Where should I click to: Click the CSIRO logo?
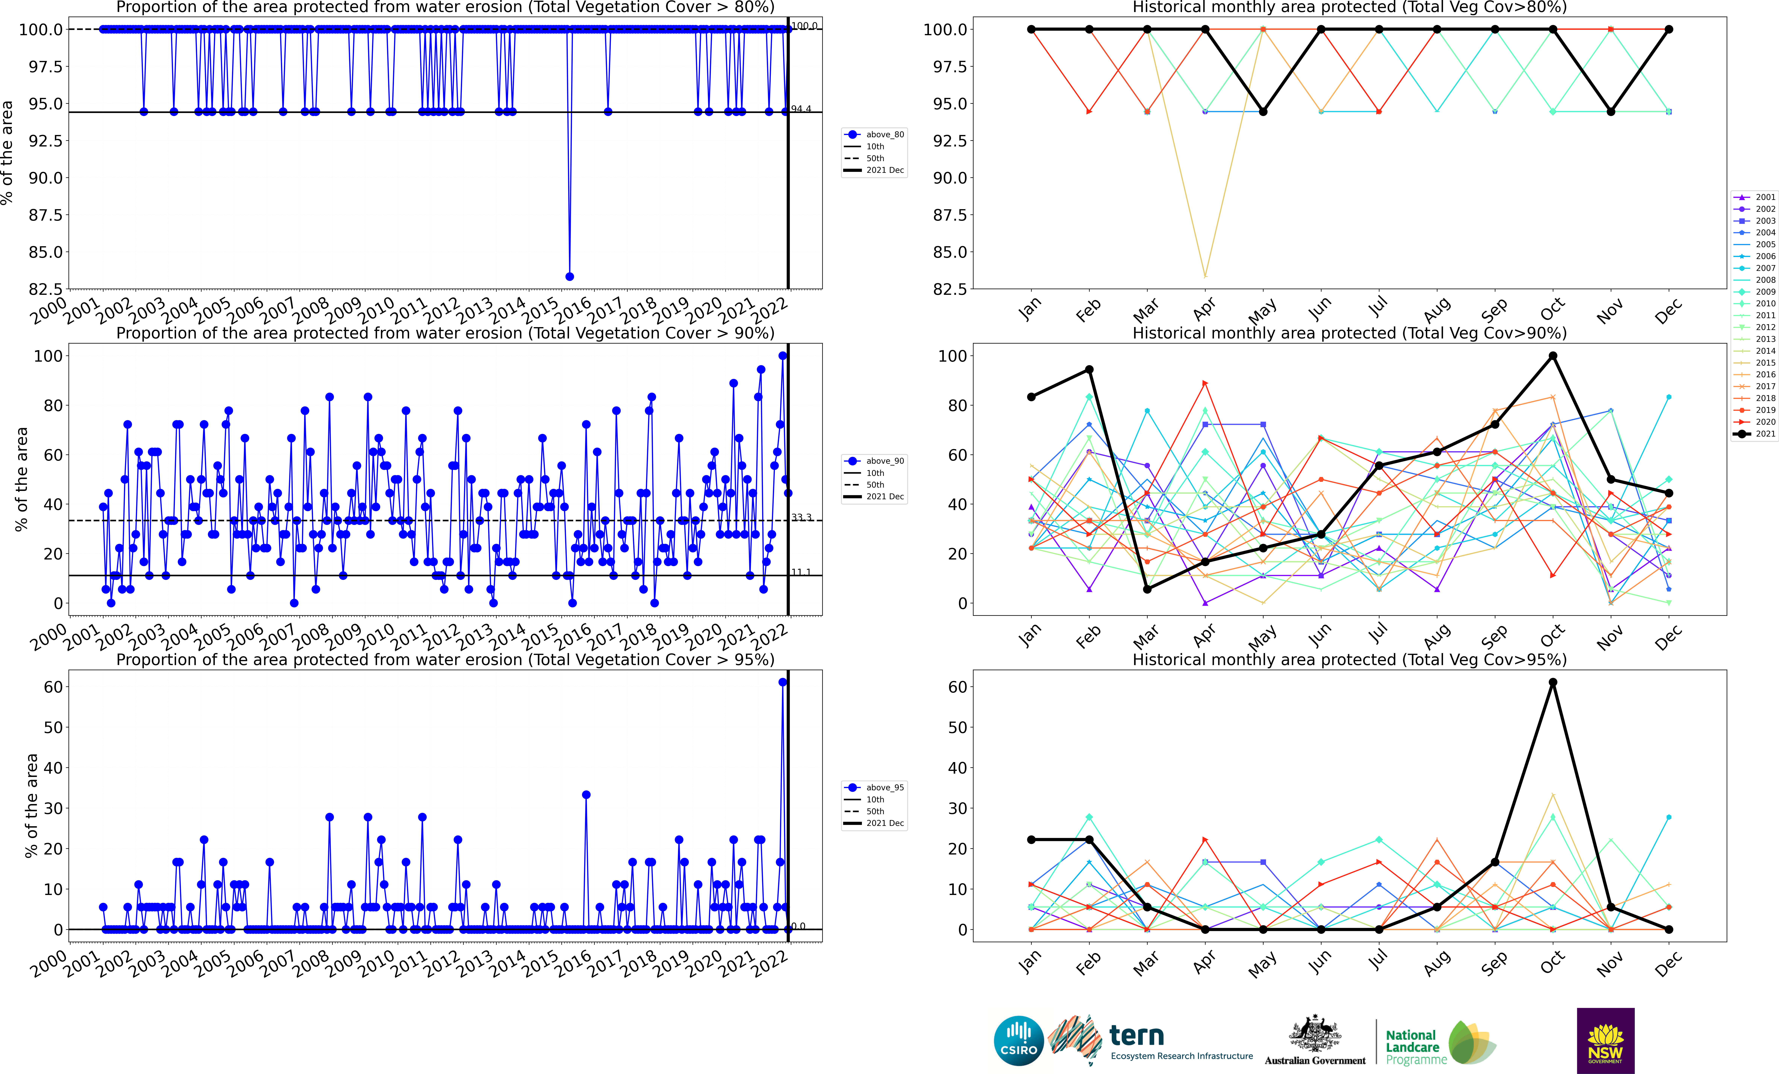point(1019,1041)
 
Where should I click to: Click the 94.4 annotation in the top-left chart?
point(801,109)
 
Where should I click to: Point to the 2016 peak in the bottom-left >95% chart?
point(586,794)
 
